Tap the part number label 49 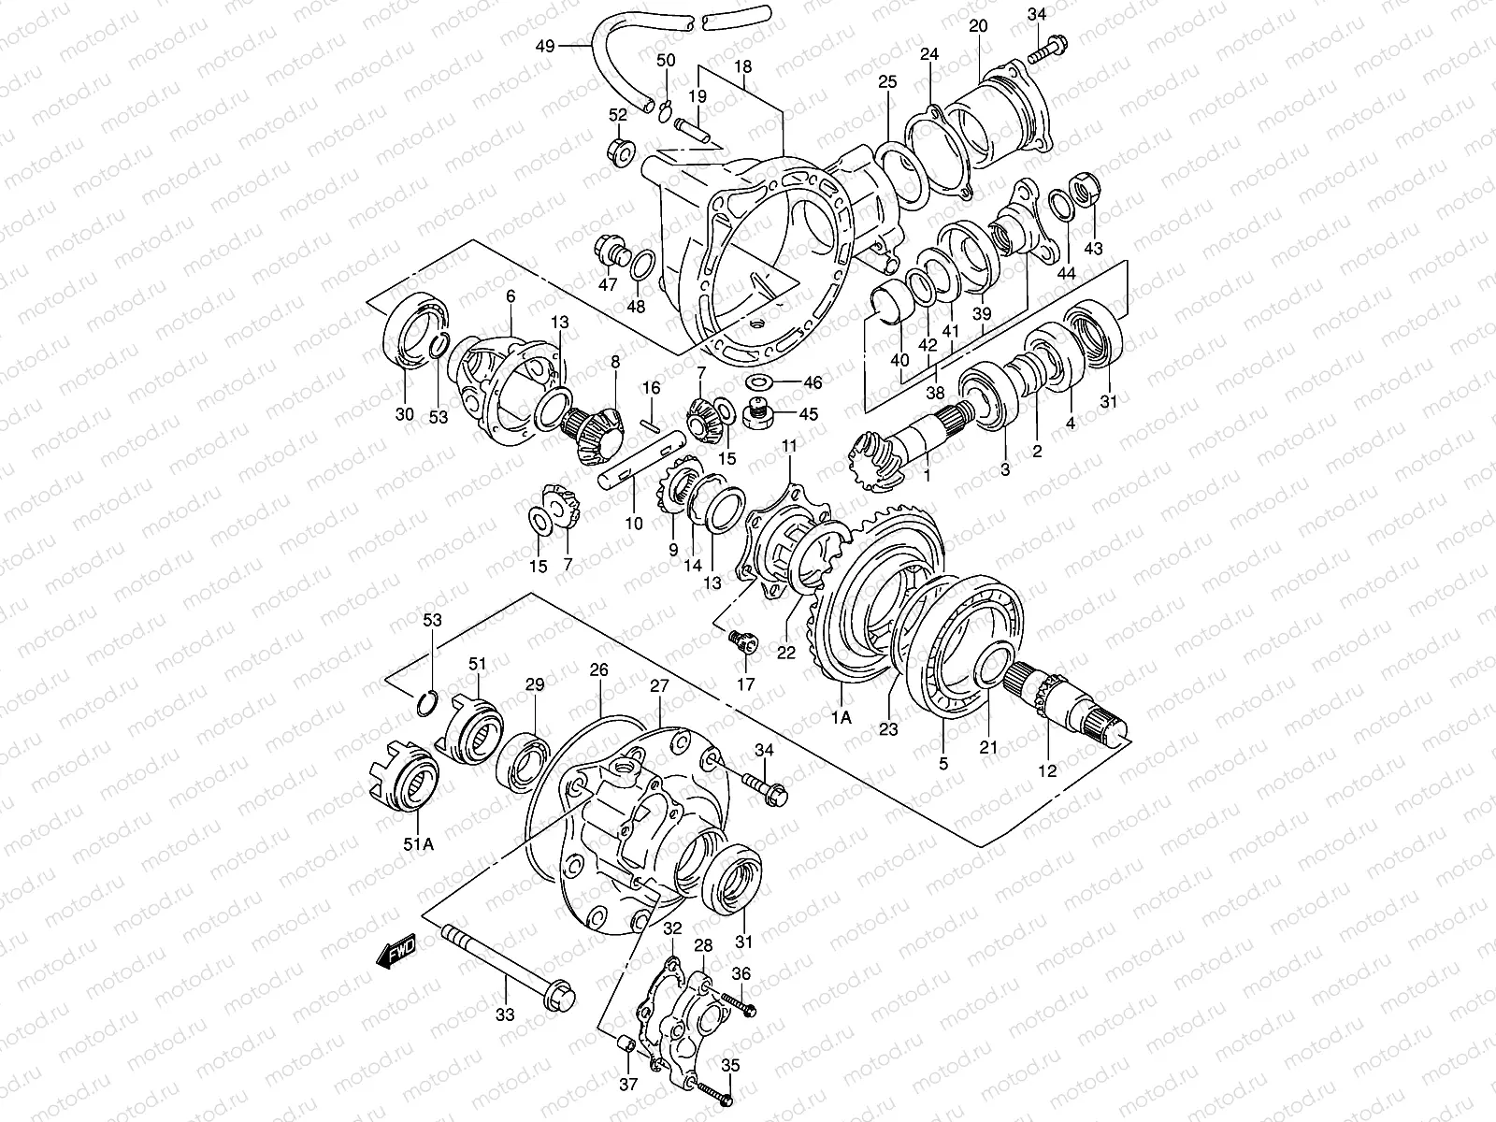546,45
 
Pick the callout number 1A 841,717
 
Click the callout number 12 1047,770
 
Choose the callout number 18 743,67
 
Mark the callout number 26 598,669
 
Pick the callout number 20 978,26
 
